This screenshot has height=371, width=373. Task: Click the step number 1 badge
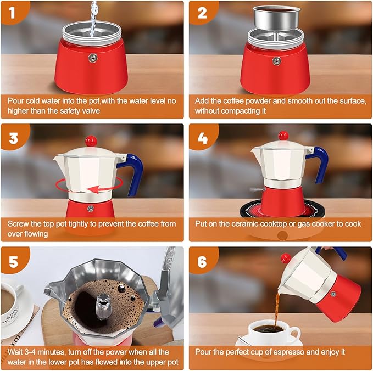(x=12, y=12)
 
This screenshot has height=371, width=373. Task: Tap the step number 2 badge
(x=201, y=12)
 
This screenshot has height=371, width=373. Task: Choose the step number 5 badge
(x=12, y=261)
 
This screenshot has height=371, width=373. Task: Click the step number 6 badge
(x=202, y=261)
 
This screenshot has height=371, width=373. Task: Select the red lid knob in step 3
(x=91, y=142)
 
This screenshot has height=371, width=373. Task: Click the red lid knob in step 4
(x=283, y=135)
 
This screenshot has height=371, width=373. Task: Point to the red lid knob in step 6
(x=286, y=258)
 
